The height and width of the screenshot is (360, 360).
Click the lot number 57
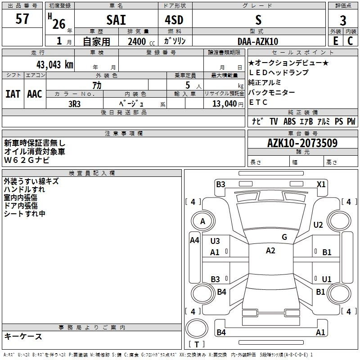[x=22, y=18]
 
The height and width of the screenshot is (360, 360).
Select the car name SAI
[x=116, y=20]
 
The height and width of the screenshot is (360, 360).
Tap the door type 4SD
[x=174, y=20]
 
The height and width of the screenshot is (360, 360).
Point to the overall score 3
[x=343, y=20]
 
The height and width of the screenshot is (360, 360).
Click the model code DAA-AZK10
[x=258, y=41]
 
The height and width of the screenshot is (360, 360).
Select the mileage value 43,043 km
[x=55, y=65]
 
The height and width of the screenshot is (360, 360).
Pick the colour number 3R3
[x=74, y=104]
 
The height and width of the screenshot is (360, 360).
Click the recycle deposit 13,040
[x=224, y=104]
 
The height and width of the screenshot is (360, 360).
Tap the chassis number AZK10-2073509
[x=302, y=143]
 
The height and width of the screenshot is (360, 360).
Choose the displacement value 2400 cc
[x=141, y=41]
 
